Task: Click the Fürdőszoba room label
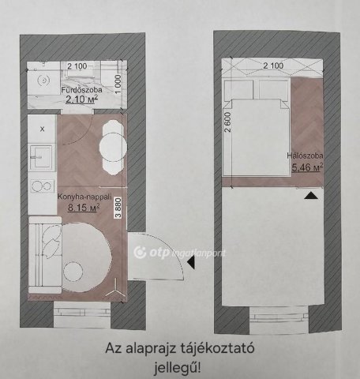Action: pyautogui.click(x=81, y=90)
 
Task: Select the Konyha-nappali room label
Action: pyautogui.click(x=84, y=197)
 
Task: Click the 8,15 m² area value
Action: pyautogui.click(x=84, y=207)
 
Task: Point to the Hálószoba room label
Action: pyautogui.click(x=305, y=156)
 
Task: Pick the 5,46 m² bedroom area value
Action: pyautogui.click(x=307, y=167)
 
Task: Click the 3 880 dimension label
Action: pyautogui.click(x=118, y=208)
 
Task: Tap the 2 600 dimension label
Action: pyautogui.click(x=228, y=122)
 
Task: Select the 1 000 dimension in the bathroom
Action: pyautogui.click(x=118, y=84)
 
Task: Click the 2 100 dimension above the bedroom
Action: pyautogui.click(x=273, y=66)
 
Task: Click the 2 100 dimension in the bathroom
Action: pyautogui.click(x=77, y=66)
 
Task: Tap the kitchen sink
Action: pyautogui.click(x=41, y=157)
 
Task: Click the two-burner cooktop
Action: pyautogui.click(x=42, y=186)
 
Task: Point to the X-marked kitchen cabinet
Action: pyautogui.click(x=42, y=129)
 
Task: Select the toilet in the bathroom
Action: pyautogui.click(x=42, y=80)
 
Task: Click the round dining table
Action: pyautogui.click(x=113, y=147)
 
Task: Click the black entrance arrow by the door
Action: pyautogui.click(x=190, y=262)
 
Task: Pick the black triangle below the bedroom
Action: pyautogui.click(x=312, y=195)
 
